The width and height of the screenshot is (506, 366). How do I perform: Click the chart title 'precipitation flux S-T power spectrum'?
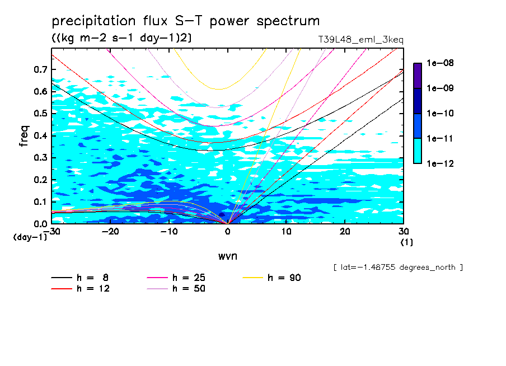tap(186, 21)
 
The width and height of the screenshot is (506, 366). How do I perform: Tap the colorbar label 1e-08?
tap(440, 63)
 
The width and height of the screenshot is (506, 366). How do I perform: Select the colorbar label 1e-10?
tap(440, 114)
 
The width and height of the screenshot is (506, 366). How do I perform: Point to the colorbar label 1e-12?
tap(440, 164)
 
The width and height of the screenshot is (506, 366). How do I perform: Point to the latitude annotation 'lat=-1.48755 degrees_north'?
tap(398, 267)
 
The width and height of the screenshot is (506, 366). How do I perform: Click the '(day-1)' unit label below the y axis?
tap(30, 237)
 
